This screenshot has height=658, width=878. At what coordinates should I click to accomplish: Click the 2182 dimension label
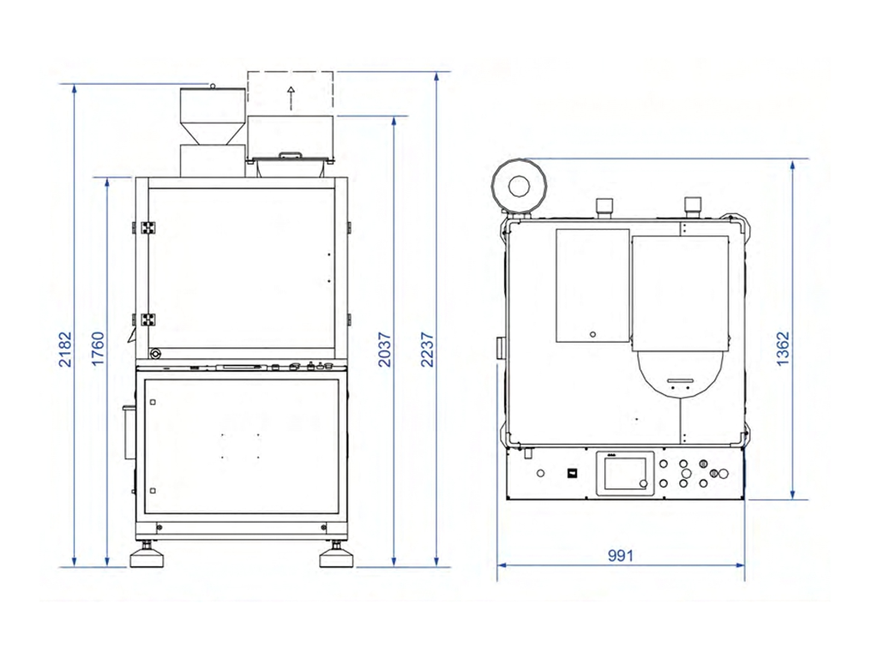pyautogui.click(x=65, y=350)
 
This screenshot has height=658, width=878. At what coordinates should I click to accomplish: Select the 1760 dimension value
pyautogui.click(x=98, y=350)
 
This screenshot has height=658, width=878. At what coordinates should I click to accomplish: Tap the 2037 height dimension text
pyautogui.click(x=384, y=350)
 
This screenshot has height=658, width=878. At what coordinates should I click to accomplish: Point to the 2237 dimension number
pyautogui.click(x=427, y=350)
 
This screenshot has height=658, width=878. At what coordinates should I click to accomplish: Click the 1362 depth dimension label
pyautogui.click(x=783, y=350)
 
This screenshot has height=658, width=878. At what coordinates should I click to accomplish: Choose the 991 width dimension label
pyautogui.click(x=621, y=555)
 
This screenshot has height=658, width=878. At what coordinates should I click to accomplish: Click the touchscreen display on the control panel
pyautogui.click(x=625, y=473)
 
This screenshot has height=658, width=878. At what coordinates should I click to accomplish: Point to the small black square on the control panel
pyautogui.click(x=572, y=472)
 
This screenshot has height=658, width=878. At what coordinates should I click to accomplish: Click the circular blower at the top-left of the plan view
pyautogui.click(x=518, y=186)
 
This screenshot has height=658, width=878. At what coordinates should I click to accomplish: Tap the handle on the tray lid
pyautogui.click(x=291, y=154)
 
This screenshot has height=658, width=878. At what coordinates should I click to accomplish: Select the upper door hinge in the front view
pyautogui.click(x=147, y=228)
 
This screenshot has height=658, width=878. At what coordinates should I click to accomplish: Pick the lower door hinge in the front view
pyautogui.click(x=147, y=320)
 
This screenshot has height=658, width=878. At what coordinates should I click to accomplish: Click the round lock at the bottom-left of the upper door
pyautogui.click(x=155, y=354)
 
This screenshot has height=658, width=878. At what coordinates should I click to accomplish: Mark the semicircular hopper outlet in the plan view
pyautogui.click(x=679, y=374)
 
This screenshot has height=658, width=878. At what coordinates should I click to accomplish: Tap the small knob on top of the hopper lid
pyautogui.click(x=213, y=86)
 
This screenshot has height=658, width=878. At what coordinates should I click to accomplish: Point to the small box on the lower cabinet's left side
pyautogui.click(x=129, y=432)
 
